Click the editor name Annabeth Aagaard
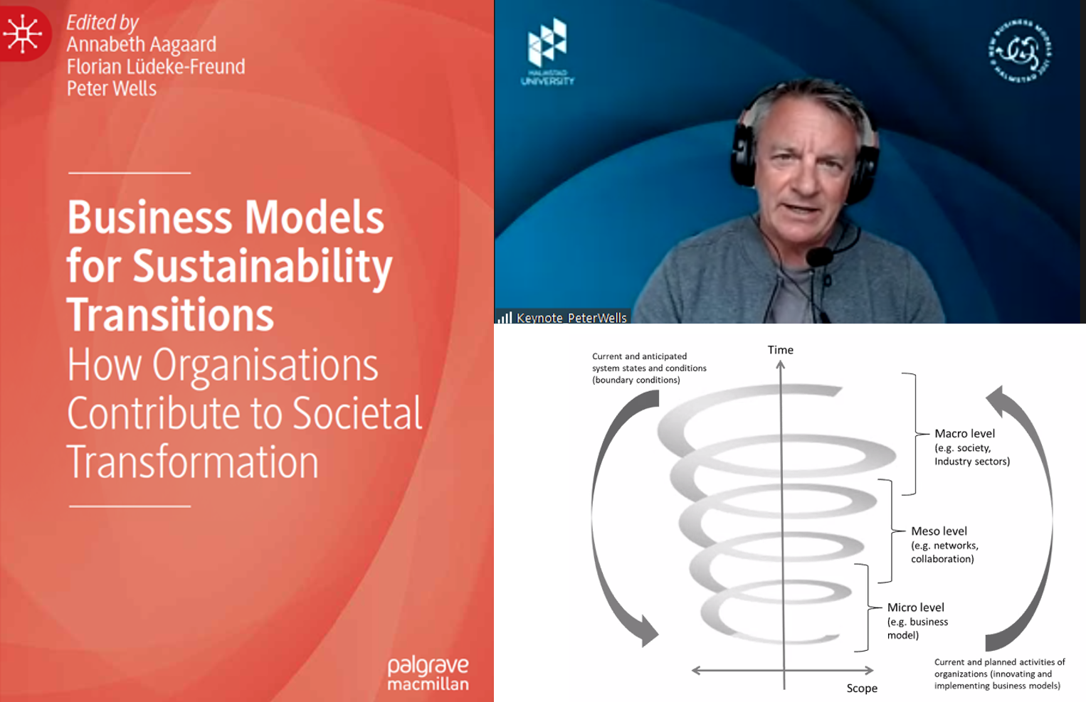click(141, 45)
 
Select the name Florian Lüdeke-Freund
click(155, 67)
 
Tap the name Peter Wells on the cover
click(111, 89)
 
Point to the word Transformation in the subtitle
click(192, 462)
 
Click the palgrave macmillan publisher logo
click(428, 674)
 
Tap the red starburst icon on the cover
click(23, 33)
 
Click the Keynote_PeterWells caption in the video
click(571, 318)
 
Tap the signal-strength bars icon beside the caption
click(505, 318)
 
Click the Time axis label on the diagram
click(780, 350)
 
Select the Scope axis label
click(861, 688)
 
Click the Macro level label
click(964, 433)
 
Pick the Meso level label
click(939, 531)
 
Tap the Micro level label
click(915, 607)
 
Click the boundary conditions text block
click(649, 368)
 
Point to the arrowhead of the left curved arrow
click(648, 631)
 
